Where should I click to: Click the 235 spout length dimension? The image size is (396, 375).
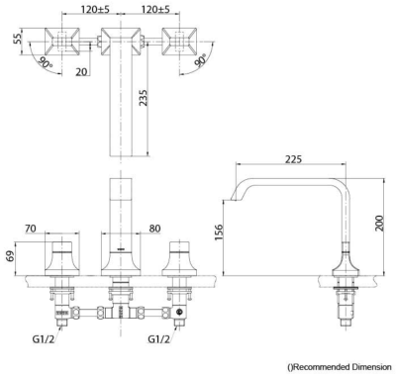tap(143, 98)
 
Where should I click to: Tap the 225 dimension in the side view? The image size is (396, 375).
tap(293, 159)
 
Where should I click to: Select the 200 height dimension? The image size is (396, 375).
tap(379, 223)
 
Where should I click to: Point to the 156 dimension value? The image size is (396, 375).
tap(219, 233)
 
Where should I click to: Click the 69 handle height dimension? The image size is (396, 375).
tap(11, 256)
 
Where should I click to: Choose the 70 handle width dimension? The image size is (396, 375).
tap(31, 229)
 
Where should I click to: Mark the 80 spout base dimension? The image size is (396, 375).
tap(154, 229)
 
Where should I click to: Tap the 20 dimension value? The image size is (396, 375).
tap(81, 71)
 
